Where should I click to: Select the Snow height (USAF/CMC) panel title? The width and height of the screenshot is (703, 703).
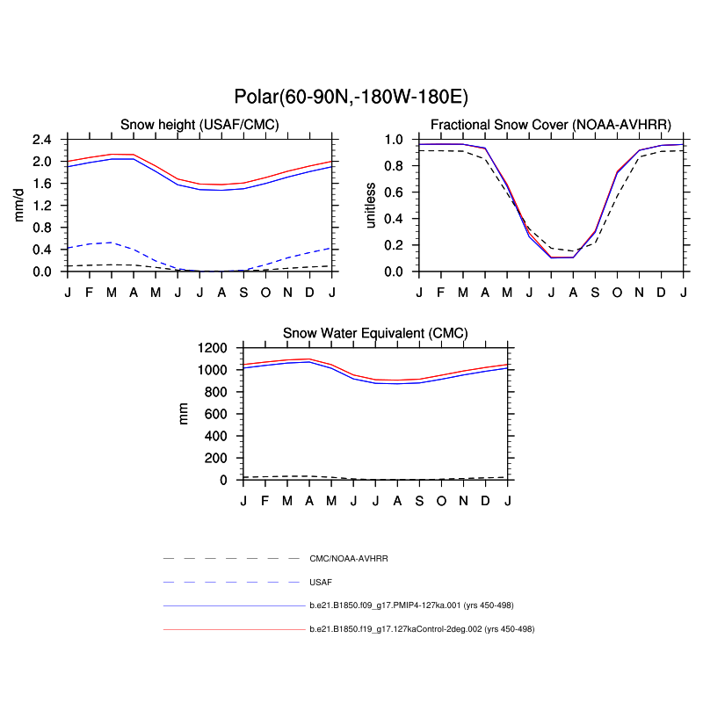pyautogui.click(x=199, y=125)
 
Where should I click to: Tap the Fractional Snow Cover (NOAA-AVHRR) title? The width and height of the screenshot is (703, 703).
pyautogui.click(x=551, y=125)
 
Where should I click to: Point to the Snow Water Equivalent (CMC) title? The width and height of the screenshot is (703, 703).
pyautogui.click(x=375, y=333)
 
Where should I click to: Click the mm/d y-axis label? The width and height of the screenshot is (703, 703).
pyautogui.click(x=19, y=205)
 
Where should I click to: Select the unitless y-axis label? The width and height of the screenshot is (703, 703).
pyautogui.click(x=371, y=205)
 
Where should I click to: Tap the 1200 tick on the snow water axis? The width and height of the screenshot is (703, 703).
pyautogui.click(x=215, y=348)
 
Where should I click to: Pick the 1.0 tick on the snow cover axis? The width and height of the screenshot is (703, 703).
pyautogui.click(x=395, y=140)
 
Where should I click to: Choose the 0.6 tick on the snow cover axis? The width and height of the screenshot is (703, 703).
pyautogui.click(x=395, y=192)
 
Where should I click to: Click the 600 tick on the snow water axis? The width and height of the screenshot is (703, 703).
pyautogui.click(x=219, y=414)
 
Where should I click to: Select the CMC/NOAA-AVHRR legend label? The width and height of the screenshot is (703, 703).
pyautogui.click(x=349, y=558)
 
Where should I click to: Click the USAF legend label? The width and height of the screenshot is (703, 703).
pyautogui.click(x=321, y=582)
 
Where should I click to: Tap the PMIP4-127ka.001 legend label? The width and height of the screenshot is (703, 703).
pyautogui.click(x=412, y=605)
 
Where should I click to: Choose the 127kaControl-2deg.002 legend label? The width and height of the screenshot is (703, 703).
pyautogui.click(x=422, y=629)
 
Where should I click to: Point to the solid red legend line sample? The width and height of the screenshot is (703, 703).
pyautogui.click(x=233, y=629)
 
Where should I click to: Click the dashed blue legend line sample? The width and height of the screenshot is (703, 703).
pyautogui.click(x=233, y=582)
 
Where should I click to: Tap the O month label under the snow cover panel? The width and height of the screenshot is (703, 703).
pyautogui.click(x=618, y=292)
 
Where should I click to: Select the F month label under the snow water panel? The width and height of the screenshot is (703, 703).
pyautogui.click(x=265, y=500)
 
